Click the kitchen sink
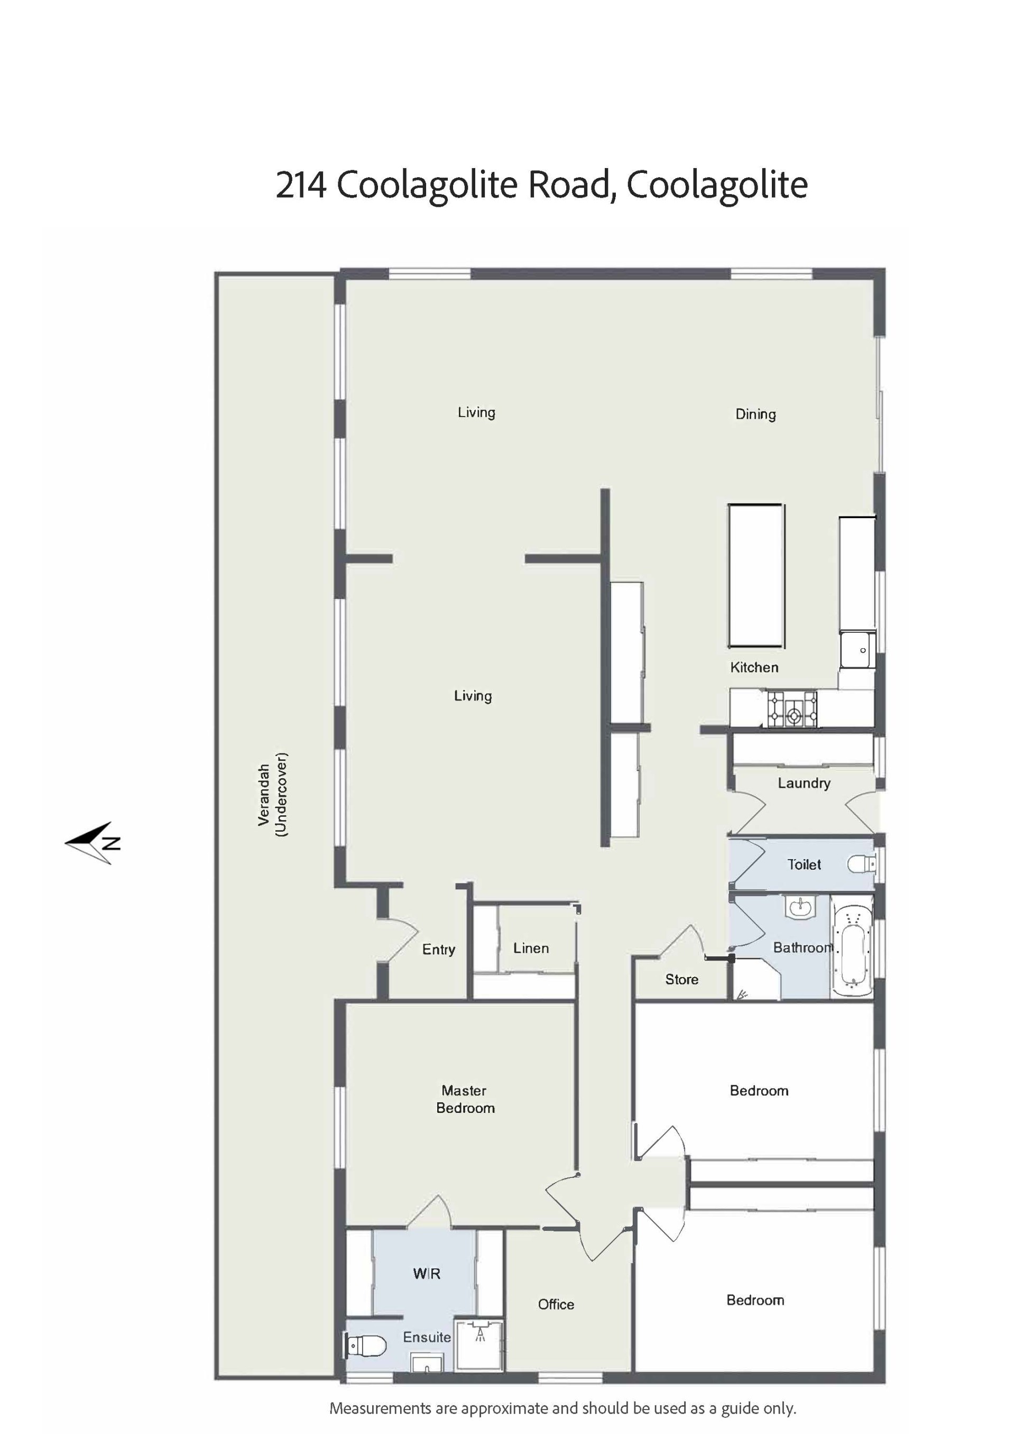(858, 650)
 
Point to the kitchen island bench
(756, 575)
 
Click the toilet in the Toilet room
(862, 864)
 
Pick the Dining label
(755, 414)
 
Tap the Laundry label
(804, 783)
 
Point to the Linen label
(531, 948)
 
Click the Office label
(556, 1304)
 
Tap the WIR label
(426, 1274)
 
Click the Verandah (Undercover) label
(273, 794)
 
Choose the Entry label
(438, 950)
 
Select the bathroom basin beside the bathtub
(799, 906)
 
